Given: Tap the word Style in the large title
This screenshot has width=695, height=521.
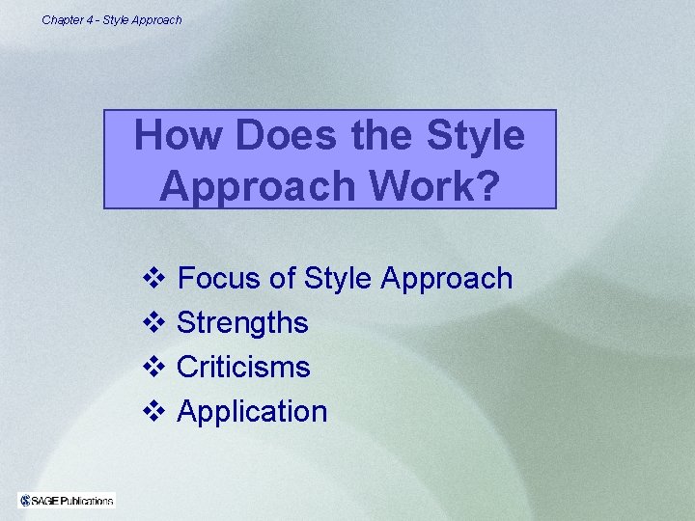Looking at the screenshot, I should [475, 136].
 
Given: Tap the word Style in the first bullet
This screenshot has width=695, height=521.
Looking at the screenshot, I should [338, 279].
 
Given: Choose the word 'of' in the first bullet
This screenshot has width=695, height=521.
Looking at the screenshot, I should [283, 279].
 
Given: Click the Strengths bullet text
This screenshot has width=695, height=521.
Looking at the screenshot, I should [242, 323].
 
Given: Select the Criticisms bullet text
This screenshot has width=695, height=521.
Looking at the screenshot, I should [243, 368].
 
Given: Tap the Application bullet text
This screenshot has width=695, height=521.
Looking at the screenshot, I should [252, 412].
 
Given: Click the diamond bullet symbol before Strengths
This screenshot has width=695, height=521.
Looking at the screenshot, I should [154, 323].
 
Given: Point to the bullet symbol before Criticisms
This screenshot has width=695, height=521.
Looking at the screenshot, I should [154, 368].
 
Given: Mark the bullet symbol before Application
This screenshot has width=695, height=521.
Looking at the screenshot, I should [154, 412].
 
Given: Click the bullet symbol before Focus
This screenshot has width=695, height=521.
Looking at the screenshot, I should [154, 279].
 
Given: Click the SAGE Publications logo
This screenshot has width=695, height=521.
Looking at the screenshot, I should [67, 500].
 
